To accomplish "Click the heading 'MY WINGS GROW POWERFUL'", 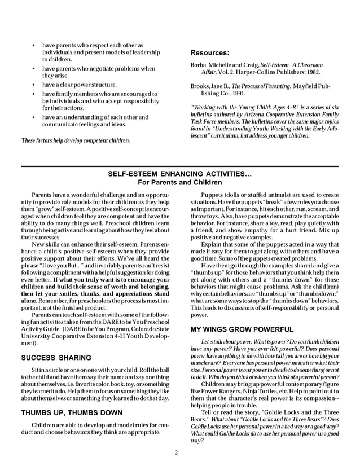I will (x=236, y=328).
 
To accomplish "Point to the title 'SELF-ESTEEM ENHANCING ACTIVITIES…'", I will (x=179, y=175).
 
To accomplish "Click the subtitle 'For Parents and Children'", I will (x=179, y=183).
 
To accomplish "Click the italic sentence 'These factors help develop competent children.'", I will (x=75, y=140).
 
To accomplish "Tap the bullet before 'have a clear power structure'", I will (x=35, y=85).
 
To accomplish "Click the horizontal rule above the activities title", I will (x=179, y=165).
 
